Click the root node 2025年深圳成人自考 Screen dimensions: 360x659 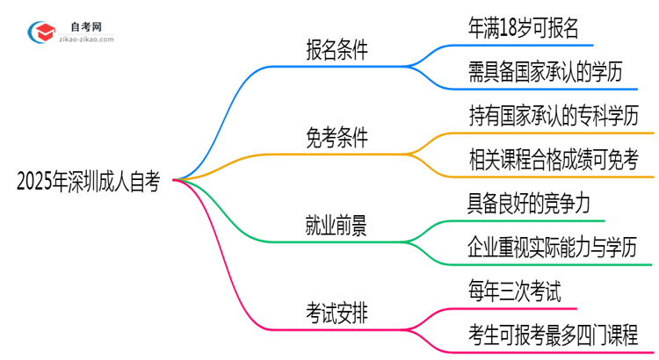(x=88, y=184)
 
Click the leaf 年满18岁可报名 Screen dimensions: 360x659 (x=524, y=28)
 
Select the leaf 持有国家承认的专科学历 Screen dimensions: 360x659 (x=554, y=115)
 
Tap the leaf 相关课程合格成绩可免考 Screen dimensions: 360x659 (x=554, y=159)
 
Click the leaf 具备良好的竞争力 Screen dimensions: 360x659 (x=535, y=204)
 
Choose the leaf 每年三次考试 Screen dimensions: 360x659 (x=515, y=290)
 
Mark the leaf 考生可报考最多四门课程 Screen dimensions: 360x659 (x=554, y=334)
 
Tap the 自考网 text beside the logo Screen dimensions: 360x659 (x=91, y=27)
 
